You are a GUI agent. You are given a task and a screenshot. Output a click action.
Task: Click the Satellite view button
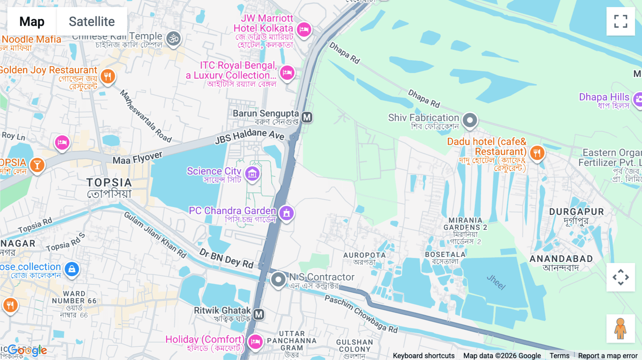tap(92, 21)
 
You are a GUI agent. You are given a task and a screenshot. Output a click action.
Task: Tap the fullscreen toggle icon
tap(621, 21)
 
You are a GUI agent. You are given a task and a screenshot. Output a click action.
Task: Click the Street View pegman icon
tap(620, 329)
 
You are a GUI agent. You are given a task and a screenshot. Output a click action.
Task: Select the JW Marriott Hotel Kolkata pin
tap(304, 29)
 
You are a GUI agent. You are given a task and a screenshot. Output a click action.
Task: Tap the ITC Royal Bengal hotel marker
tap(287, 73)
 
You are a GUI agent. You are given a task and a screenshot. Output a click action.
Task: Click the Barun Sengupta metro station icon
tap(307, 117)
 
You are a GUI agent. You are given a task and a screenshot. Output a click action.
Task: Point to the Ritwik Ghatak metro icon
tap(259, 314)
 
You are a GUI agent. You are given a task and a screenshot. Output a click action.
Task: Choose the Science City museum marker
tap(252, 174)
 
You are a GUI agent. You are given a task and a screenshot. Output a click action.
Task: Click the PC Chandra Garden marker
tap(286, 213)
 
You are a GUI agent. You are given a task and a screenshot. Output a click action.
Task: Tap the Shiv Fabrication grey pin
tap(470, 120)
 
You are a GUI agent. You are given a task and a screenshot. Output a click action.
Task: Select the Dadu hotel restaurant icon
tap(537, 153)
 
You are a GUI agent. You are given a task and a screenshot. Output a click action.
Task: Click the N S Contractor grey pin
tap(278, 279)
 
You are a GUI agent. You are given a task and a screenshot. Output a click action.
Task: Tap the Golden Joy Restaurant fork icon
tap(108, 76)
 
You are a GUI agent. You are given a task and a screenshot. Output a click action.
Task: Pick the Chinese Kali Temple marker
tap(174, 38)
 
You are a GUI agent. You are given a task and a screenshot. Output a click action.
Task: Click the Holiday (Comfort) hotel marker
tap(255, 341)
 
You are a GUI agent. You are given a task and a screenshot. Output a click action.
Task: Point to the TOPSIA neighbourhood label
tap(109, 183)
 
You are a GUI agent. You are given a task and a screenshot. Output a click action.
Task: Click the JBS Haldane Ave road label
tap(249, 136)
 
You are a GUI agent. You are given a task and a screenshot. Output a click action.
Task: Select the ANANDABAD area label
tap(561, 259)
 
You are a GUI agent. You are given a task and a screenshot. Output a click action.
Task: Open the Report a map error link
tap(607, 356)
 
